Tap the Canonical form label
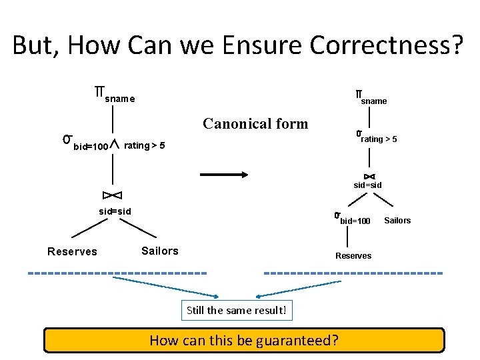(x=255, y=123)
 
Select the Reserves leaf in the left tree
(x=72, y=251)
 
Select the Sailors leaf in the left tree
(x=160, y=251)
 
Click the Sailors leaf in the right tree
(x=397, y=221)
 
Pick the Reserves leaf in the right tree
(x=353, y=256)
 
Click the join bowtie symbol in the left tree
(x=112, y=195)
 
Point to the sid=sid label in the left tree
(x=115, y=211)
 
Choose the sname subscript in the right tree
(x=373, y=101)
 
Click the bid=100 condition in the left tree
(x=89, y=145)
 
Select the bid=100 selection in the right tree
(x=353, y=219)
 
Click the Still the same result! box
(x=237, y=310)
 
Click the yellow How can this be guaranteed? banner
(x=244, y=340)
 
